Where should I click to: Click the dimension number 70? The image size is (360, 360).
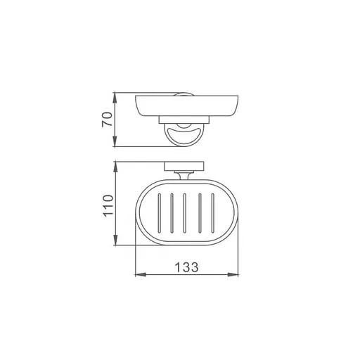point(108,120)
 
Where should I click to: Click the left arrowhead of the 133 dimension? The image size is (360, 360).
point(136,275)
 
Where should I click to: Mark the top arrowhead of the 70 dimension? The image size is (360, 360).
point(116,95)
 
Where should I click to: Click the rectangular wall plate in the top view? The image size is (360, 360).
point(184,166)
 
